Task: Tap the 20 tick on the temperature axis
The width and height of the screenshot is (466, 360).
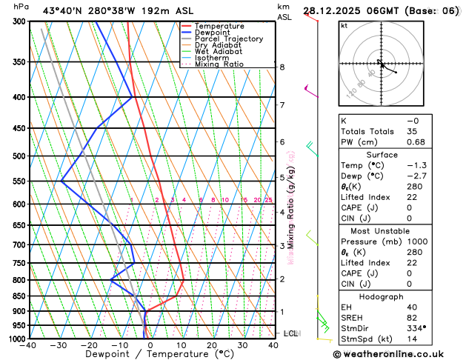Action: [x=212, y=345]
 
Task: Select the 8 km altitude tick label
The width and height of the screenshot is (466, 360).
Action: [x=282, y=67]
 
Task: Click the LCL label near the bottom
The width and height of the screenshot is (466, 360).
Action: [x=290, y=333]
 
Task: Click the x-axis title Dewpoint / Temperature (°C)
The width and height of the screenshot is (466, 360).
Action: [x=150, y=354]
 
